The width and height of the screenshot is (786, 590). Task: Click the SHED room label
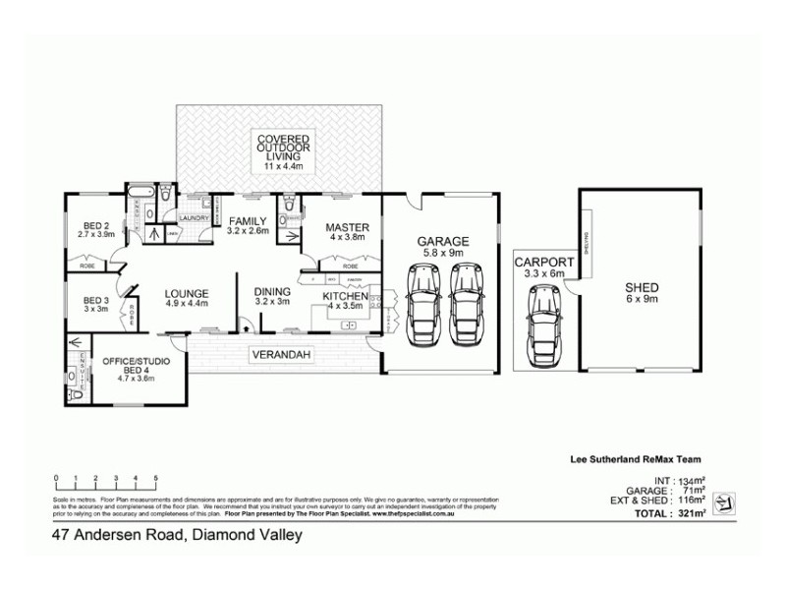(642, 288)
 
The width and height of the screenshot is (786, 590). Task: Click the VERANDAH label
(281, 353)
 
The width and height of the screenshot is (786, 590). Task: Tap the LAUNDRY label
(192, 218)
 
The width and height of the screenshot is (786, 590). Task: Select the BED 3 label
(95, 300)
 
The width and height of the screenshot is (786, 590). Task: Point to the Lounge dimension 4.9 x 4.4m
(186, 303)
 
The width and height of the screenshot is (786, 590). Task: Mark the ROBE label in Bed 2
(86, 265)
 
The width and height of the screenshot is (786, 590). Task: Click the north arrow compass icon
(724, 502)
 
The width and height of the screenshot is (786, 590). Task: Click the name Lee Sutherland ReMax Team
(635, 458)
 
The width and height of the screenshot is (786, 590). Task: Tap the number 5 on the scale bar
(156, 478)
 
